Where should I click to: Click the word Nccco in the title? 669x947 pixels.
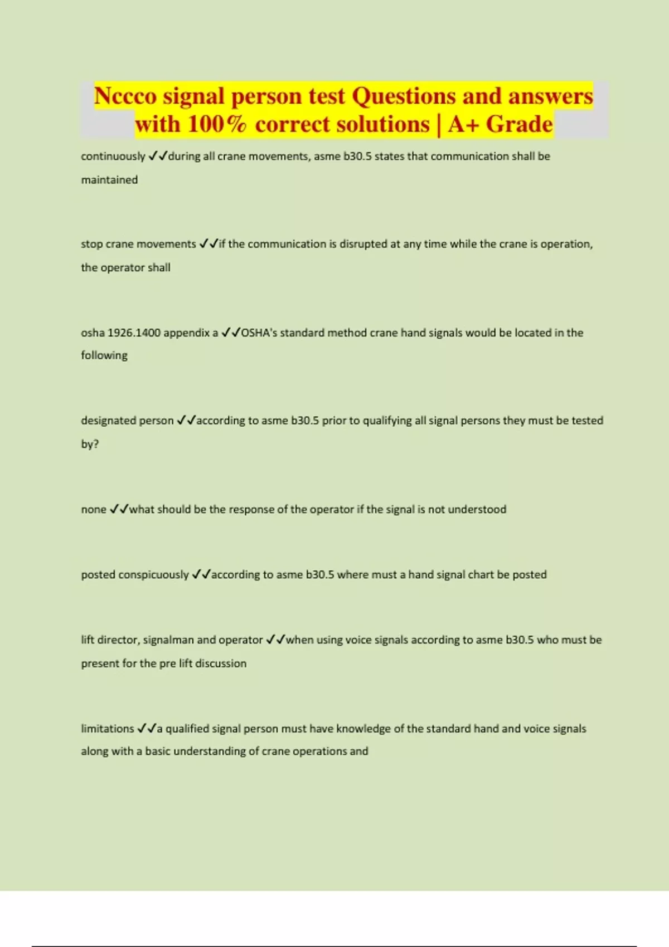coord(125,96)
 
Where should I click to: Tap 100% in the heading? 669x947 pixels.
coord(217,124)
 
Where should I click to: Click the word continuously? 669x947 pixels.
coord(113,157)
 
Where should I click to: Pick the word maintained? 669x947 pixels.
coord(109,180)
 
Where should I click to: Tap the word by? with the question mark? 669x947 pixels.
coord(90,444)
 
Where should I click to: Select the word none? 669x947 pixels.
coord(93,509)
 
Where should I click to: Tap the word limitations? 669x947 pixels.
coord(108,729)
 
